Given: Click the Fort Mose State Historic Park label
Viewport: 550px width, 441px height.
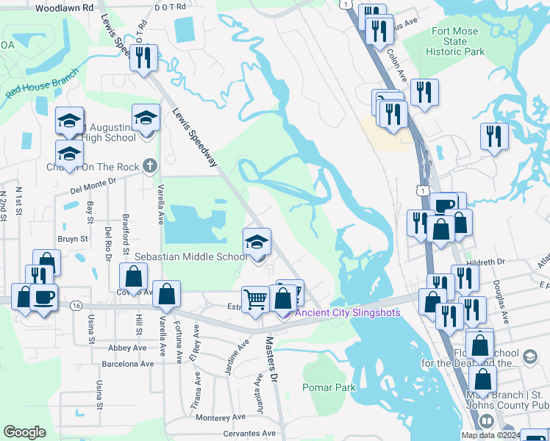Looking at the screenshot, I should tap(454, 42).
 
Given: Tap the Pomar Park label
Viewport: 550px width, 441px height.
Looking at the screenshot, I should tap(329, 387).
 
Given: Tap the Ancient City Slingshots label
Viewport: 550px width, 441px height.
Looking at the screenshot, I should tap(347, 312).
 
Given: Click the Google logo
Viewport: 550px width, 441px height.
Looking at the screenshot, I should tap(24, 431).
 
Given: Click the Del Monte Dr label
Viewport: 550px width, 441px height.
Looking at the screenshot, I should tap(93, 184).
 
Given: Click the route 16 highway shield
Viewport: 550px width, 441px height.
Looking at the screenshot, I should tap(76, 305).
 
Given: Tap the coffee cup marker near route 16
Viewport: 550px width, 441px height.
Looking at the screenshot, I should tap(45, 298).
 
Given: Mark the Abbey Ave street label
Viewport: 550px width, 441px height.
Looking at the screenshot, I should tap(127, 348).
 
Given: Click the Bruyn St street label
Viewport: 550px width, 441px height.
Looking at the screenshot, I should tap(73, 239).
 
